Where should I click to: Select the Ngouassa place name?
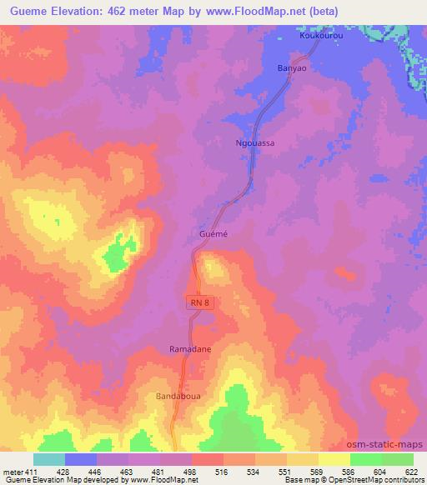pyautogui.click(x=256, y=143)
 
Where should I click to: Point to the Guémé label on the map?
pyautogui.click(x=212, y=236)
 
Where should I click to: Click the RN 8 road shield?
pyautogui.click(x=200, y=303)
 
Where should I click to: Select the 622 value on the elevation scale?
pyautogui.click(x=413, y=471)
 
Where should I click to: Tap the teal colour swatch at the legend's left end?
pyautogui.click(x=48, y=459)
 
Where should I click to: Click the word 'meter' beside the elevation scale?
pyautogui.click(x=11, y=471)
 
